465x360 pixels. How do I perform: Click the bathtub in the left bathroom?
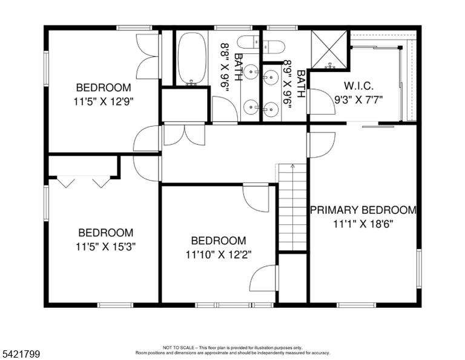[x=192, y=59]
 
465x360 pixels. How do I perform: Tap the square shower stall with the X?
[x=329, y=50]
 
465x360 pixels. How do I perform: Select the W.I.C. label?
[x=358, y=86]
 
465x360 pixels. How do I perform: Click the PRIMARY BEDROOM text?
[x=363, y=210]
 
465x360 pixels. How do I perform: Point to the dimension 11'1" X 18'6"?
[x=363, y=224]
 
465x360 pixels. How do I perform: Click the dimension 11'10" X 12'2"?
[x=219, y=255]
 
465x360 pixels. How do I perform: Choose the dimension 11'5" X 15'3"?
[x=105, y=247]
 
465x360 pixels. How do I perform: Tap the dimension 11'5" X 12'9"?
[x=104, y=102]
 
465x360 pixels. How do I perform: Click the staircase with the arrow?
[x=292, y=207]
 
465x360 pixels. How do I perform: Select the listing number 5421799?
[x=21, y=354]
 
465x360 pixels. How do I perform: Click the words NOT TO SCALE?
[x=178, y=347]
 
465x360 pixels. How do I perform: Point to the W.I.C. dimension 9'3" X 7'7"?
[x=358, y=99]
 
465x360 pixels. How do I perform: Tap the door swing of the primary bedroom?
[x=322, y=145]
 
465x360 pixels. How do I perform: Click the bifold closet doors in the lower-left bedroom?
[x=84, y=182]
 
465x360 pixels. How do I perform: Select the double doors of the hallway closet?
[x=184, y=135]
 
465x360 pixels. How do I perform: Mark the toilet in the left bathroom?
[x=248, y=43]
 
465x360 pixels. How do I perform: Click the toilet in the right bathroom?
[x=274, y=47]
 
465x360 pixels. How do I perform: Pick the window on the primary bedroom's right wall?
[x=419, y=268]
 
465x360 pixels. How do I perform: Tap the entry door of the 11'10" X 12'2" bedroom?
[x=256, y=198]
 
